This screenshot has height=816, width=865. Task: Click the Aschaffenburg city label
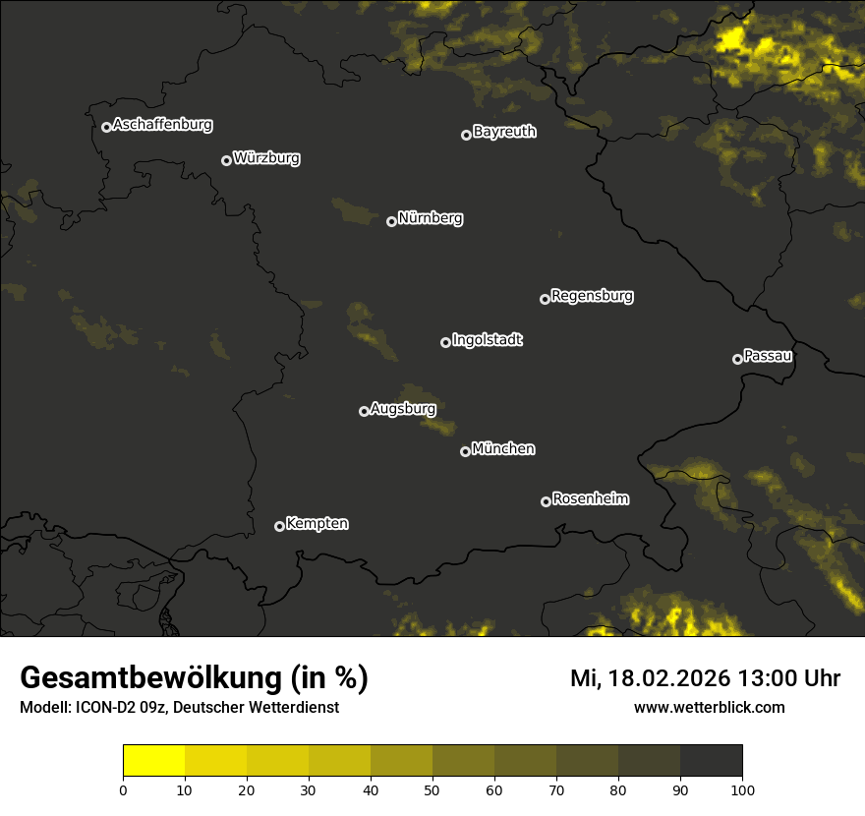coord(162,125)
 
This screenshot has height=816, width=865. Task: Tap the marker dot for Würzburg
coord(226,160)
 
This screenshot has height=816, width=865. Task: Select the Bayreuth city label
coord(504,132)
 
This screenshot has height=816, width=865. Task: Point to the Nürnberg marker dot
coord(391,221)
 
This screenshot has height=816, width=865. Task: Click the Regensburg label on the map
coord(592,296)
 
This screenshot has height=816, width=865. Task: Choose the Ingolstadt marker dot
coord(445,342)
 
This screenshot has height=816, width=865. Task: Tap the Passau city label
coord(768,356)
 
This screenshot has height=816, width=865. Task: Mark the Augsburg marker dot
coord(364,411)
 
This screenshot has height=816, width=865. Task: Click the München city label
coord(503,449)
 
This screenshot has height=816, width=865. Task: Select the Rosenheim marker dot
coord(546,501)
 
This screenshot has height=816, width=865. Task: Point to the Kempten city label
coord(317,524)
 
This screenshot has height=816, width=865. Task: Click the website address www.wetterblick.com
coord(709,707)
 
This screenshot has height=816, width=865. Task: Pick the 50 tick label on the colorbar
coord(432,789)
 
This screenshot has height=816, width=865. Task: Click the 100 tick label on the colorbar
coord(742,789)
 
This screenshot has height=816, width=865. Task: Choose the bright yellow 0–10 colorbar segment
coord(153,761)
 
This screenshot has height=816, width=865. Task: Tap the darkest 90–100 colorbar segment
coord(711,761)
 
